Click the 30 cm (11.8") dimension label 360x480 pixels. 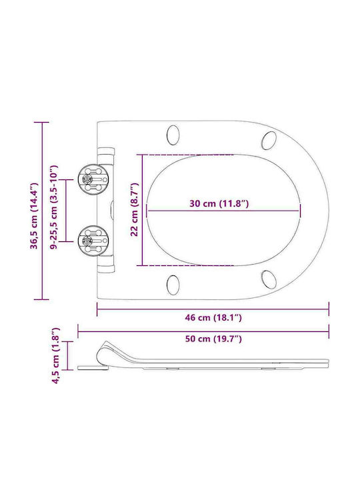(x=219, y=203)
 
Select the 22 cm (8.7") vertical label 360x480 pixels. (x=135, y=210)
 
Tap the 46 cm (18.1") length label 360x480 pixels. (x=213, y=317)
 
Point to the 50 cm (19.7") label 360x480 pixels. (x=213, y=339)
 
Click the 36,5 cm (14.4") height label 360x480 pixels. (x=34, y=216)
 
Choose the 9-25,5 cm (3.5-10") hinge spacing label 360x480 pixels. (x=54, y=207)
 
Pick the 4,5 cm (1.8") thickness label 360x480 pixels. (x=56, y=355)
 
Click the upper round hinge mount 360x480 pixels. (x=93, y=180)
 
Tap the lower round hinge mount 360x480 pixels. (x=93, y=241)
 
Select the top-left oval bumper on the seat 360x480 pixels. (x=173, y=135)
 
